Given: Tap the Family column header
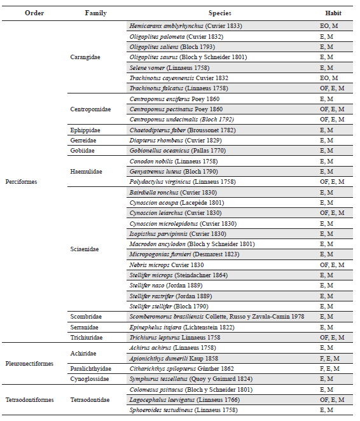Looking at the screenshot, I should point(95,13).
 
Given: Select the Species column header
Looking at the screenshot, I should point(219,13).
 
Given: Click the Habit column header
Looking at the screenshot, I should point(333,13).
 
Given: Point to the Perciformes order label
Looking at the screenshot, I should point(22,181).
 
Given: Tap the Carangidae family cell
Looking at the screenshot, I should point(85,57).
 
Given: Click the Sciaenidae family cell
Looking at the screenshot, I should point(85,249).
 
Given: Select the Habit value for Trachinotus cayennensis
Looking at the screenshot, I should point(332,78).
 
